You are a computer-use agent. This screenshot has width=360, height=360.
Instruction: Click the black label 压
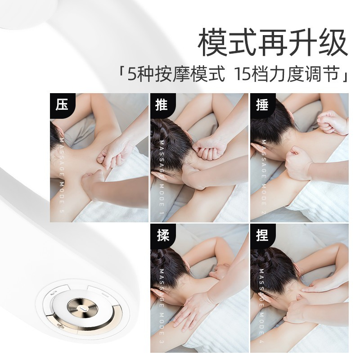[62, 105]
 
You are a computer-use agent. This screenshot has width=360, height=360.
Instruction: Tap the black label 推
[162, 105]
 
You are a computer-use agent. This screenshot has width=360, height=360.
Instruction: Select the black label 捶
[262, 105]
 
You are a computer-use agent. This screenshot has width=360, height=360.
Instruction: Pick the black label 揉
[162, 236]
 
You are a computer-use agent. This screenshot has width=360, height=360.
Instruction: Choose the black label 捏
[262, 236]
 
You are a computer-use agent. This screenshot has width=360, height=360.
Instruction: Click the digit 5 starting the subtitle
[131, 74]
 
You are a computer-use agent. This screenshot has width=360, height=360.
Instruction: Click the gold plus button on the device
[61, 325]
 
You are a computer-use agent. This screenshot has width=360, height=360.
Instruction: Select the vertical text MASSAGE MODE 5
[62, 175]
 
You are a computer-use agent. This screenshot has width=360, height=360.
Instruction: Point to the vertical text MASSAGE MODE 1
[162, 177]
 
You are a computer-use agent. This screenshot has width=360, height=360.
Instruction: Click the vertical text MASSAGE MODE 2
[264, 177]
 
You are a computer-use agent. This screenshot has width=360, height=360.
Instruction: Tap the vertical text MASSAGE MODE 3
[162, 306]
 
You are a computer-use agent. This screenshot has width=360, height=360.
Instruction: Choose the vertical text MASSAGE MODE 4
[262, 306]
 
